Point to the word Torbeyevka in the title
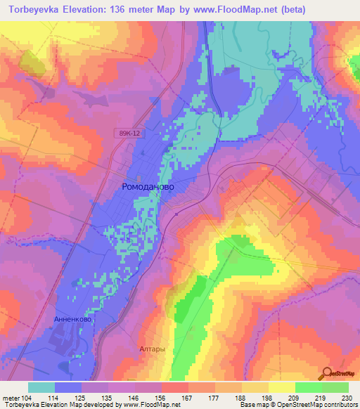pyautogui.click(x=35, y=9)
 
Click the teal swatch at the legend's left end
pyautogui.click(x=41, y=387)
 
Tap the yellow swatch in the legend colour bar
pyautogui.click(x=281, y=387)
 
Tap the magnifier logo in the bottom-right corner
pyautogui.click(x=328, y=375)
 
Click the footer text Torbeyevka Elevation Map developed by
pyautogui.click(x=60, y=405)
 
